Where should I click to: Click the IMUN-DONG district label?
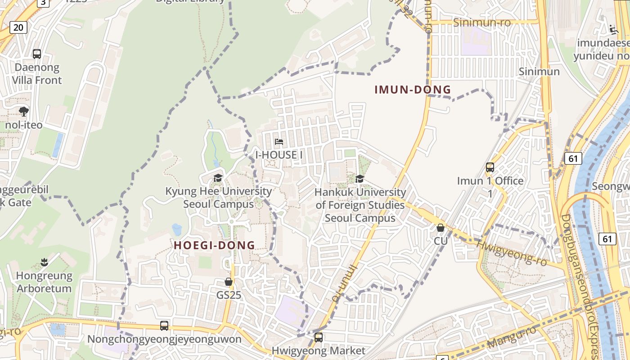point(413,90)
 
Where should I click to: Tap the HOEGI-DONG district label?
point(214,245)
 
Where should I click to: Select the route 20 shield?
point(18,27)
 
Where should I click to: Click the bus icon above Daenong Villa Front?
point(37,54)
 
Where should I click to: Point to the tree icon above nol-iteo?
point(24,111)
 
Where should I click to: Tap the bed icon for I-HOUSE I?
point(279,142)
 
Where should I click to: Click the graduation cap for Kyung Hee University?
point(218,178)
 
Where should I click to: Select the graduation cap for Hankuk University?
point(360,179)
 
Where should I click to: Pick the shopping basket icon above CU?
point(441,228)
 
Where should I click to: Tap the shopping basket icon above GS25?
point(229,282)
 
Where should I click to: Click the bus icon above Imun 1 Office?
point(490,167)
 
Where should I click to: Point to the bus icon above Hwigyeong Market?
point(319,337)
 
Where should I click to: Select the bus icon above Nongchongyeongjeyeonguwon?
point(164,325)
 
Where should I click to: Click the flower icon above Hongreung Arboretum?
point(44,261)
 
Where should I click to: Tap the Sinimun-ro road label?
point(482,22)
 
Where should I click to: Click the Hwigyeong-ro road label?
point(512,252)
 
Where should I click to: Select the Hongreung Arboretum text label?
point(44,282)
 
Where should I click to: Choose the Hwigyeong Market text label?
point(319,351)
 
